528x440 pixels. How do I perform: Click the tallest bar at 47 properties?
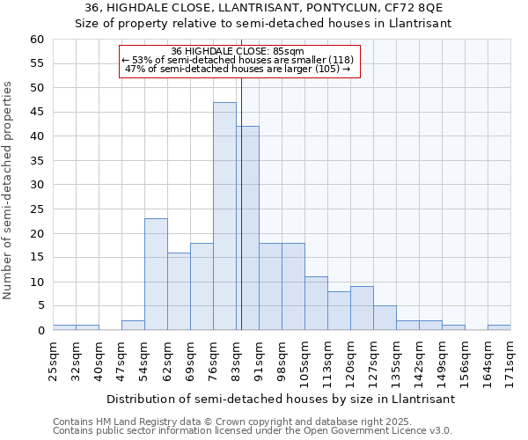click(224, 216)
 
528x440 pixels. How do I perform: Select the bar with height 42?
click(247, 228)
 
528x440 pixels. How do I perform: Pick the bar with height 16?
click(179, 291)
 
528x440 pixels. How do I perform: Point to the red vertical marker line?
click(240, 202)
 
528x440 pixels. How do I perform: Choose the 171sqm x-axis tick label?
click(511, 360)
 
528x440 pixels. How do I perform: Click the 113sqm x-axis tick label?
click(328, 360)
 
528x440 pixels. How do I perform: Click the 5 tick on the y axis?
click(40, 306)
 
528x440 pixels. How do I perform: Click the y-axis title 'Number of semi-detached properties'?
click(9, 190)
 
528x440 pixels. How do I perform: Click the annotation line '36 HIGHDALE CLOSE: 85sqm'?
click(238, 52)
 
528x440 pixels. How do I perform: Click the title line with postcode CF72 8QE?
click(264, 8)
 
